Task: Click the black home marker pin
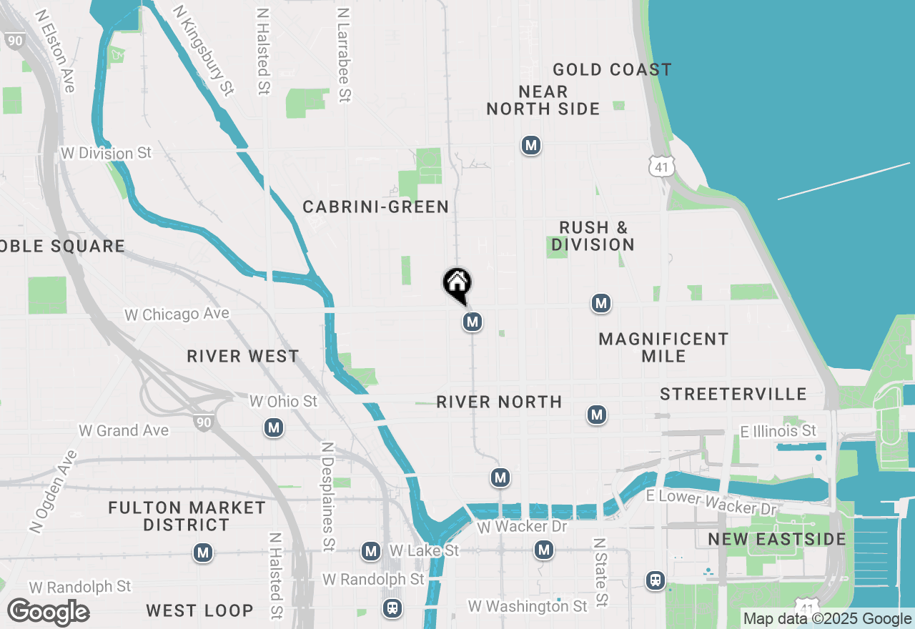457,284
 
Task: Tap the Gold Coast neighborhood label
612,69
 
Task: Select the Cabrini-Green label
375,207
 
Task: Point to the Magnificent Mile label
663,347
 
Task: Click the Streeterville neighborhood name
733,395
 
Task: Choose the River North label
499,402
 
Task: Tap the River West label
242,357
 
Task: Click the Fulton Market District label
187,516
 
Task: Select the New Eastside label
777,539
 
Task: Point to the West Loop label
199,611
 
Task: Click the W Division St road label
107,154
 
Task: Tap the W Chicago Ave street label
177,314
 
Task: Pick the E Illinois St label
778,431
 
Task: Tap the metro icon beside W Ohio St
273,428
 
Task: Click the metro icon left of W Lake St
370,551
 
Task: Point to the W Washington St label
528,606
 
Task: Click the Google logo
48,613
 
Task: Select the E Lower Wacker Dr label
711,502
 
